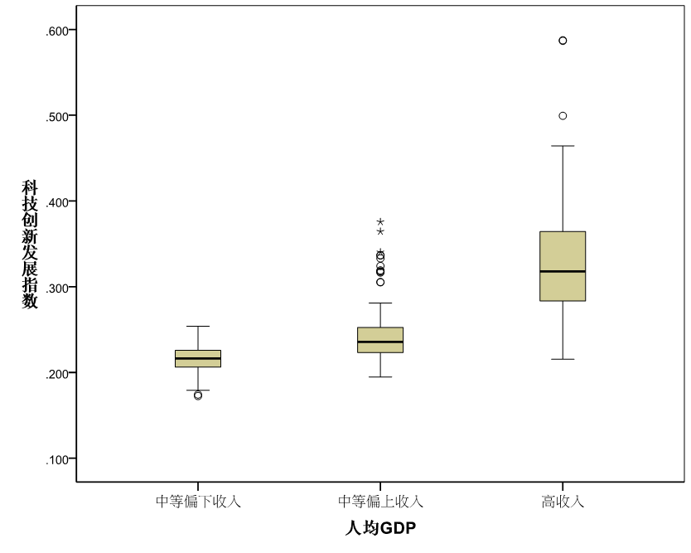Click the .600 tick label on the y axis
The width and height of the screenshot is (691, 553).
pos(60,31)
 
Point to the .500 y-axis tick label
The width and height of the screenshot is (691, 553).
pos(60,116)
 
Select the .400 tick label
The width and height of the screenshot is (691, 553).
pos(60,201)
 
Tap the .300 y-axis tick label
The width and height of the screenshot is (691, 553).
pos(60,288)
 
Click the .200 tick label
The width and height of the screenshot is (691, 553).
pos(60,373)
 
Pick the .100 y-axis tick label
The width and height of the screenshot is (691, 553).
pos(60,458)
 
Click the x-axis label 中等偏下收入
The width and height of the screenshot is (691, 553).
pos(198,502)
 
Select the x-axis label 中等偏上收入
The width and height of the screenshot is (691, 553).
pos(380,502)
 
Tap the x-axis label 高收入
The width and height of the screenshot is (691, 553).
pos(563,502)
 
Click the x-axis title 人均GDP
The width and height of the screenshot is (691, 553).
pos(379,528)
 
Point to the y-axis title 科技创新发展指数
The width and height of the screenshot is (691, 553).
pos(30,245)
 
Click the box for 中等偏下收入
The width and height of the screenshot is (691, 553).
pos(198,358)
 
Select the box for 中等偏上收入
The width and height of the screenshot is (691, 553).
pos(380,340)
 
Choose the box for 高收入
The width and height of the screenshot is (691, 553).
pos(563,266)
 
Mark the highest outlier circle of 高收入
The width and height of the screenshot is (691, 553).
pos(563,41)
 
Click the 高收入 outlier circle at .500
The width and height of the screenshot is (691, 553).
pos(563,116)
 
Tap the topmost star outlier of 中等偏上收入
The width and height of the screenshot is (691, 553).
pos(380,222)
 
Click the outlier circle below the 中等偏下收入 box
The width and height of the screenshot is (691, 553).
pos(198,395)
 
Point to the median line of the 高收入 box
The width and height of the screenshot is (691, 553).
pos(563,271)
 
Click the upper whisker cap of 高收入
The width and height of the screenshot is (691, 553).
pos(563,146)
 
